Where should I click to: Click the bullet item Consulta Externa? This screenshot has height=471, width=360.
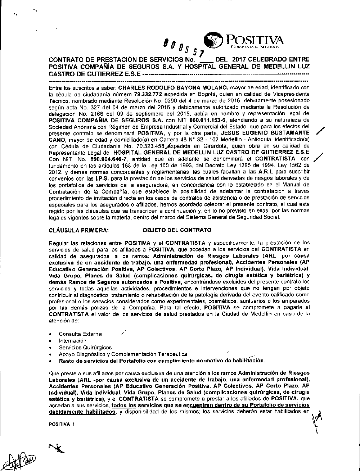click(80, 334)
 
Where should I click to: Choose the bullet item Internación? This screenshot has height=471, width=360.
click(73, 340)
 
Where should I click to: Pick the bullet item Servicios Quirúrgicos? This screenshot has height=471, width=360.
click(85, 348)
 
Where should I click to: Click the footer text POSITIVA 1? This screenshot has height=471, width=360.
click(61, 424)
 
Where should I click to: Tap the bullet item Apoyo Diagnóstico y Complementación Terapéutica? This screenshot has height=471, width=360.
click(123, 354)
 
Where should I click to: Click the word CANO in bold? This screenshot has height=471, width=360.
click(57, 140)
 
